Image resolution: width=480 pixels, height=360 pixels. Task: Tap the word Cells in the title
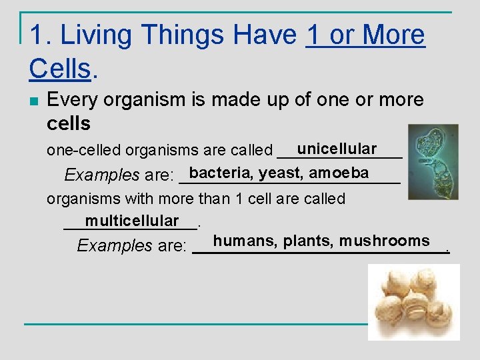(x=59, y=67)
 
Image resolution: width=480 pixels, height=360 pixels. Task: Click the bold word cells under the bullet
(x=69, y=123)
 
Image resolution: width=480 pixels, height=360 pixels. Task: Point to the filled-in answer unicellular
(x=337, y=149)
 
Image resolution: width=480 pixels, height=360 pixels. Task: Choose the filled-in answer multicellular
(x=132, y=221)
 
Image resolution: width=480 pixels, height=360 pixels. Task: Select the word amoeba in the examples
(x=339, y=173)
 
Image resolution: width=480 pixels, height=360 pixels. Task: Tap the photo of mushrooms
(x=414, y=302)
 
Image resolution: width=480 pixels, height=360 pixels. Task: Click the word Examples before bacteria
(x=102, y=175)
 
